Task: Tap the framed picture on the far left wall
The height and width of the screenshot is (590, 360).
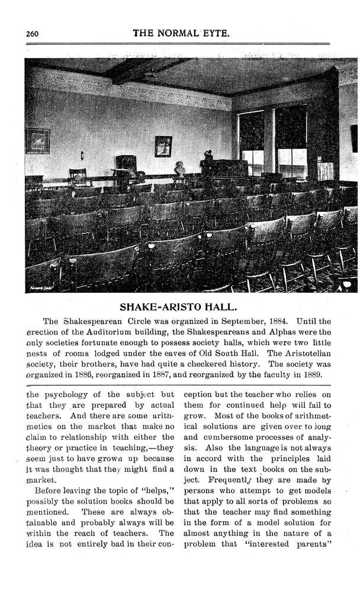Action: coord(37,141)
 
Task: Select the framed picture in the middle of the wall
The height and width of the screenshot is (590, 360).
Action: coord(163,146)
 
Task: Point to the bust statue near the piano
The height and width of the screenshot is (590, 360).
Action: coord(179,168)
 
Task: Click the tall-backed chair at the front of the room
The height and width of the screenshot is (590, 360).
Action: coord(126,169)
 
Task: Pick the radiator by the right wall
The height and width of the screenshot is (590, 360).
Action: coord(326,170)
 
